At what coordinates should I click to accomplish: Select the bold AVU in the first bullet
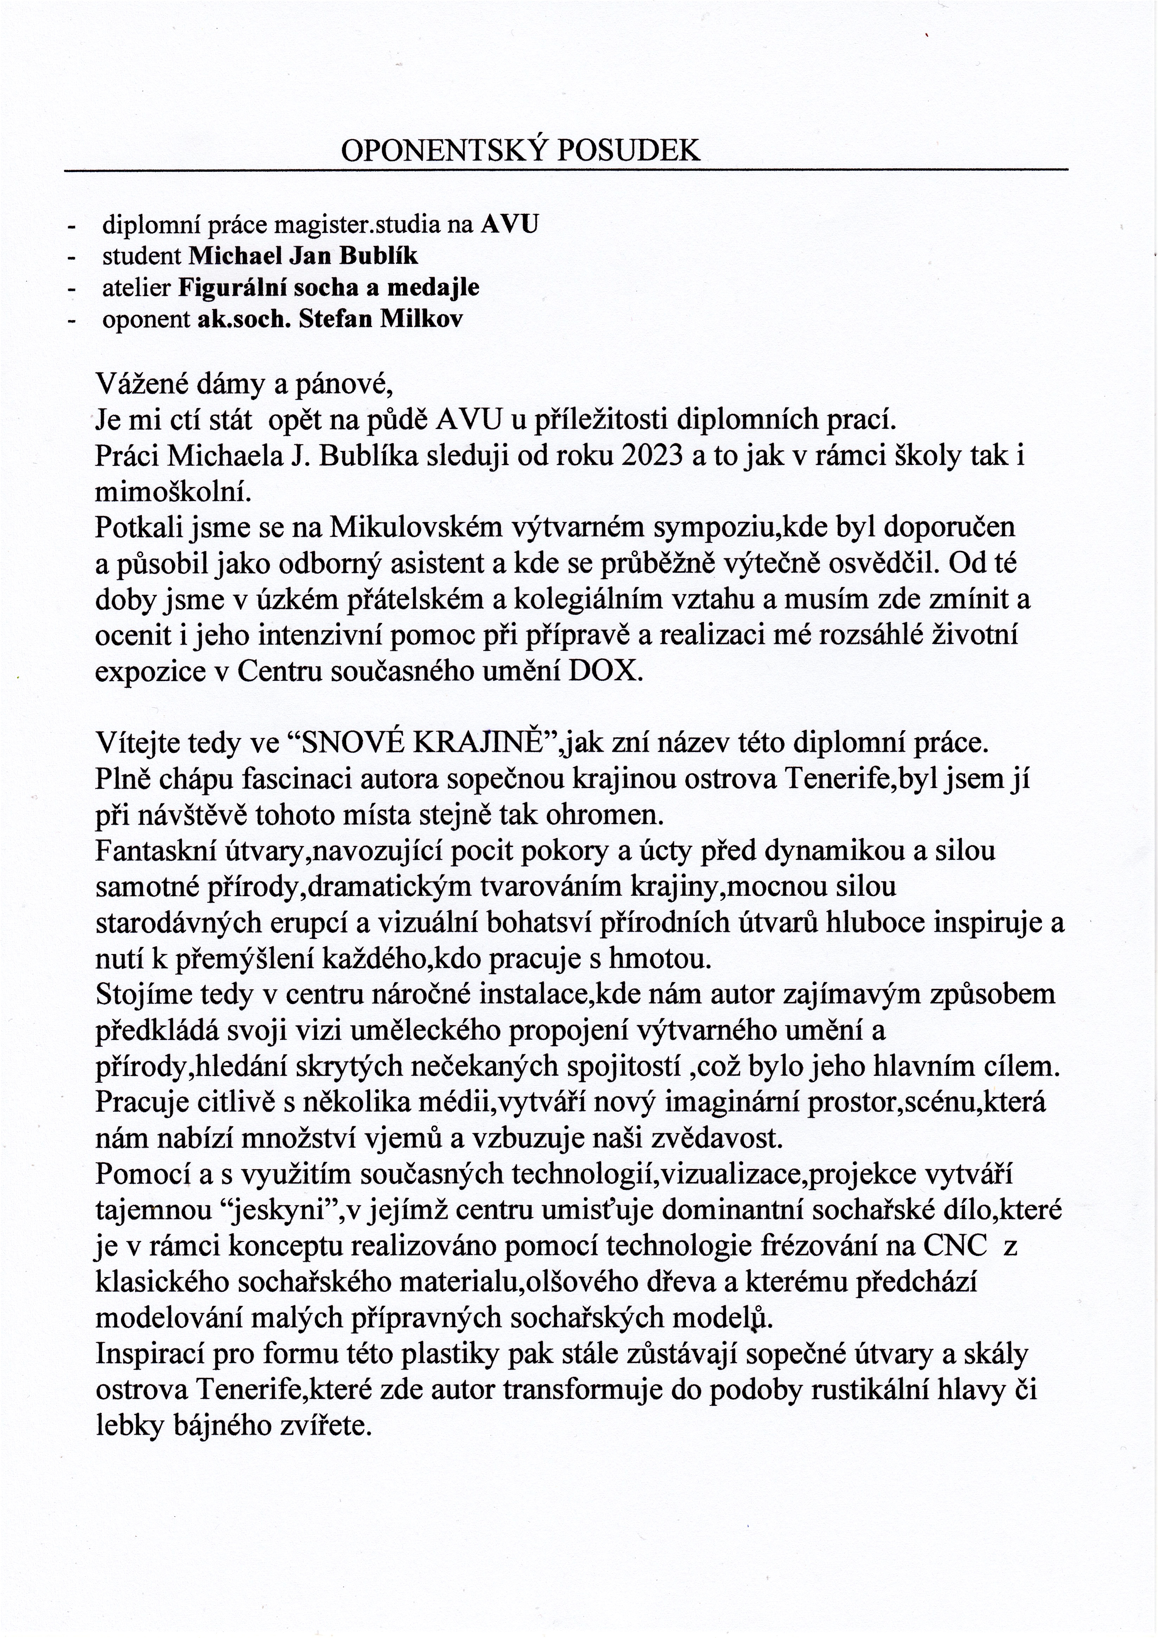pyautogui.click(x=509, y=225)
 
